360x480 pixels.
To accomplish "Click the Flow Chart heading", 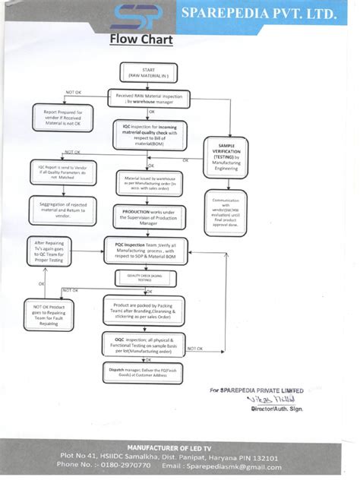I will click(x=141, y=39).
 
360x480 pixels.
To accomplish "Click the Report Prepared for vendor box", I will click(x=63, y=116).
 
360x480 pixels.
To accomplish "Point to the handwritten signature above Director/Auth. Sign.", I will click(x=276, y=399).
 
